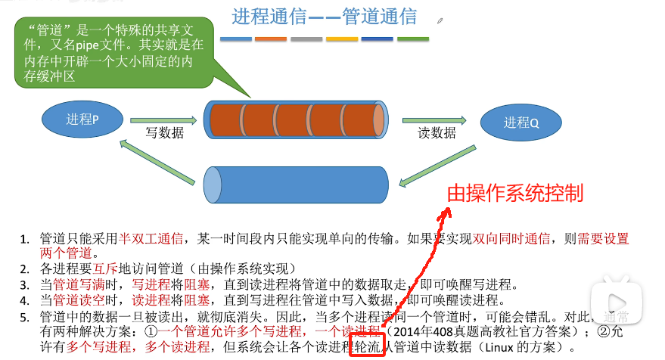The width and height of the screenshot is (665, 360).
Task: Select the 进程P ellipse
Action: coord(82,119)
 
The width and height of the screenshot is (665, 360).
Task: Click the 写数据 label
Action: coord(165,133)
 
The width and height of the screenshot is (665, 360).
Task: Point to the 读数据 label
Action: coord(437,133)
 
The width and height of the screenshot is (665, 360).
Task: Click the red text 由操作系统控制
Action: coord(515,193)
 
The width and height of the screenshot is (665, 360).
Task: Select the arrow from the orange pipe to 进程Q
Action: coord(434,119)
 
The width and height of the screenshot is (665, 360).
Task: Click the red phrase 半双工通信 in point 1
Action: coord(151,239)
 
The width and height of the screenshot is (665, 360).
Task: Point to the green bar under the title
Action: coord(413,38)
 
